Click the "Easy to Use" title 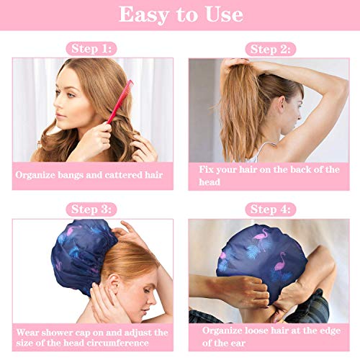point(181,14)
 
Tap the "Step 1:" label point(92,49)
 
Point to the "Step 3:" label point(92,210)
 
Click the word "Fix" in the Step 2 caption point(208,169)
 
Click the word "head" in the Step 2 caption point(210,182)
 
